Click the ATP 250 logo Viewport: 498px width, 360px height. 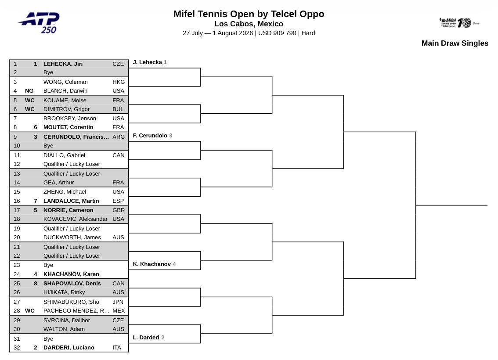pos(39,22)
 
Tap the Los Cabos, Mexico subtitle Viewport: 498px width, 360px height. pos(249,24)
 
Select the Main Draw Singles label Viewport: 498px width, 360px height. pos(455,43)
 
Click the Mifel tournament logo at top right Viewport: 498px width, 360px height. pos(459,22)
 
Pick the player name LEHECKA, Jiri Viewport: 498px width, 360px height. pos(63,64)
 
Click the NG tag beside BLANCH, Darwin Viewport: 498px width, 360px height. pos(29,91)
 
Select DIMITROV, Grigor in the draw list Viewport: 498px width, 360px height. pos(66,109)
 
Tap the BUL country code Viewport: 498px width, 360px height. pos(118,109)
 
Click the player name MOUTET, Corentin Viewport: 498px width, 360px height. pos(68,127)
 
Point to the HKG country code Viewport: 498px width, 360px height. pos(119,82)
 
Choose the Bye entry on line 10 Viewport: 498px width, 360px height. pos(48,146)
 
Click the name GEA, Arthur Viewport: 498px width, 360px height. pos(58,183)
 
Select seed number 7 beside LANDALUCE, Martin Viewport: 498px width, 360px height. pos(36,201)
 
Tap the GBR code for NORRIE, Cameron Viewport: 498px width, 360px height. pos(119,210)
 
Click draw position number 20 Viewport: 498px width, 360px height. pos(17,238)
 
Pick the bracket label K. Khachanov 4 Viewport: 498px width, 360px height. pos(154,264)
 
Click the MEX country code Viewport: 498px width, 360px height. pos(119,311)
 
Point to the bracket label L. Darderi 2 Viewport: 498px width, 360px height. pos(148,338)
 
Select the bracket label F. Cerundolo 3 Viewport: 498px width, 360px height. pos(152,136)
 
